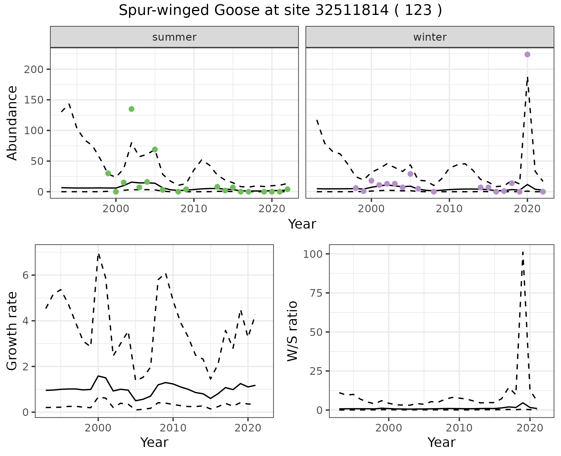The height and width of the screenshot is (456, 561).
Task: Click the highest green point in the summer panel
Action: tap(131, 109)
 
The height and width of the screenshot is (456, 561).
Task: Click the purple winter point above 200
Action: tap(527, 55)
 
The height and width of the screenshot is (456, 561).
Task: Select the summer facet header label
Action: tap(174, 37)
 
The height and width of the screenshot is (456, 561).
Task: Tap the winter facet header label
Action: tap(430, 37)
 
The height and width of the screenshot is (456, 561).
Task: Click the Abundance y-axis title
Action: tap(12, 123)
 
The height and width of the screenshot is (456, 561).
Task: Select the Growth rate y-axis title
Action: tap(12, 331)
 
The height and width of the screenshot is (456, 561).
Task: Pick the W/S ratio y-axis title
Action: tap(292, 331)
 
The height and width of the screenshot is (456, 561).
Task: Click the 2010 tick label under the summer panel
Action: tap(194, 209)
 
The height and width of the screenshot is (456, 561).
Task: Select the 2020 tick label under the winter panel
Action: tap(527, 209)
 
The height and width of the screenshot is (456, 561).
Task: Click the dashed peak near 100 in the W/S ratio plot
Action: tap(523, 252)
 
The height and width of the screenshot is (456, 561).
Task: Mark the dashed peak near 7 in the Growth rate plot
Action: tap(98, 254)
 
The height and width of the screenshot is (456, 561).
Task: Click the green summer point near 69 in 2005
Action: tap(155, 149)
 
